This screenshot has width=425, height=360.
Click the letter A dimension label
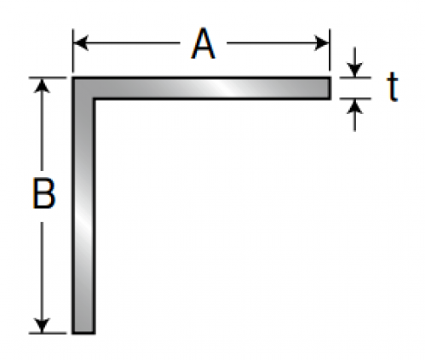click(x=203, y=43)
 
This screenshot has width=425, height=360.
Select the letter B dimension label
click(x=43, y=193)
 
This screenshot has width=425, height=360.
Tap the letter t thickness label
click(x=393, y=87)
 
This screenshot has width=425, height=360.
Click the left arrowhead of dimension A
click(x=81, y=43)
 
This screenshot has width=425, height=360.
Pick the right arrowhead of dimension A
click(x=321, y=43)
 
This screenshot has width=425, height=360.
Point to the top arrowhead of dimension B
click(x=42, y=86)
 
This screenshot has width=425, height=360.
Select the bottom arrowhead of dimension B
click(x=42, y=325)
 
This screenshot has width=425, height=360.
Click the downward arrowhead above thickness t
click(x=354, y=70)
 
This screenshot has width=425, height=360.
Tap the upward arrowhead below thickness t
click(x=354, y=107)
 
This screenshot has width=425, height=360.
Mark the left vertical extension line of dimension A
click(x=73, y=50)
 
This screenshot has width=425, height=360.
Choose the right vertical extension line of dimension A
click(x=330, y=50)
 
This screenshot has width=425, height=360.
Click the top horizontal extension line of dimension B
click(x=48, y=77)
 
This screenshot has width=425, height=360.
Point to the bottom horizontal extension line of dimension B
click(x=48, y=333)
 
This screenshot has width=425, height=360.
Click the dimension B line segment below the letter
click(x=42, y=272)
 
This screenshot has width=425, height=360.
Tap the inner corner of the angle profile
click(x=94, y=99)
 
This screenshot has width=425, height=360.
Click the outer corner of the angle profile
click(x=72, y=77)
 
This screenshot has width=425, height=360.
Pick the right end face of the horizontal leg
click(x=330, y=88)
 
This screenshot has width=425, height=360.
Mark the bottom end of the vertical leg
click(x=83, y=333)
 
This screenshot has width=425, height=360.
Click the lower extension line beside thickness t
click(x=355, y=99)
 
